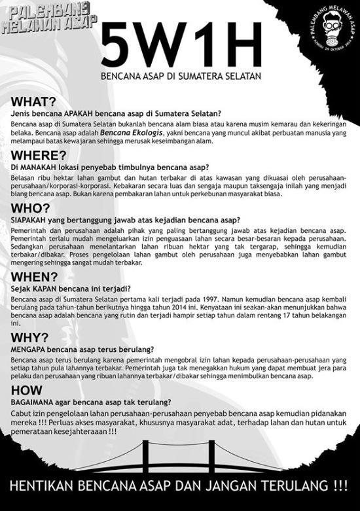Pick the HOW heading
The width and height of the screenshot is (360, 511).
pos(25,389)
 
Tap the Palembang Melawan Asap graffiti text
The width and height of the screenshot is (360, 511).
pos(49,20)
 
